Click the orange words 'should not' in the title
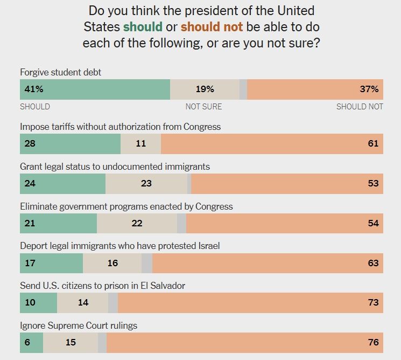212,26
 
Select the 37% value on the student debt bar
369,89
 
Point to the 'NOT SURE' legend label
203,107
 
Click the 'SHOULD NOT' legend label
360,107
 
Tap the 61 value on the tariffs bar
373,143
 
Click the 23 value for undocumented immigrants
146,183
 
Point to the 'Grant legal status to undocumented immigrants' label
115,167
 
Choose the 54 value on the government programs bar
373,223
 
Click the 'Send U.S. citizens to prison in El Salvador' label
102,286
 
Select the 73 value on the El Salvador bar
373,303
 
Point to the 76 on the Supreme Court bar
373,343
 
